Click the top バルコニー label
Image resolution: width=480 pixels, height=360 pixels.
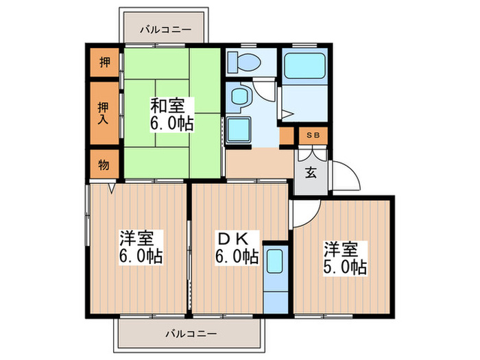tap(163, 29)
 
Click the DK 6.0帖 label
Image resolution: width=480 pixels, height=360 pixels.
tap(237, 248)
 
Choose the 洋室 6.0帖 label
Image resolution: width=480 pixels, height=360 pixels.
tap(141, 248)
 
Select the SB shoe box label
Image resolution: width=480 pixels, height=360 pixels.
tap(312, 136)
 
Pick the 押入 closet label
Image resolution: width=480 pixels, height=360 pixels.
tap(103, 114)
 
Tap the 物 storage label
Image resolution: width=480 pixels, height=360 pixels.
tap(103, 165)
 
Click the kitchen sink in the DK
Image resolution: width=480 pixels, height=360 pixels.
tap(274, 263)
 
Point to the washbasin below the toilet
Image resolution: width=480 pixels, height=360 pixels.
tap(240, 97)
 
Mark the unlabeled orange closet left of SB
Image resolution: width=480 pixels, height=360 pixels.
tap(287, 136)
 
